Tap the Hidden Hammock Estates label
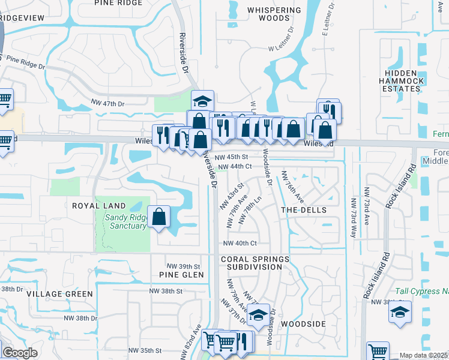402,80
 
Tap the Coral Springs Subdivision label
255,263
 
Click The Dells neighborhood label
304,210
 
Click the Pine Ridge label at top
118,3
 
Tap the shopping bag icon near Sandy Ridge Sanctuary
159,217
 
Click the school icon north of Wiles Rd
203,100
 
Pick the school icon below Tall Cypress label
400,313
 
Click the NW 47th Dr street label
105,104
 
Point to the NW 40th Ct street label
240,243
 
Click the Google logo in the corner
20,352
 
